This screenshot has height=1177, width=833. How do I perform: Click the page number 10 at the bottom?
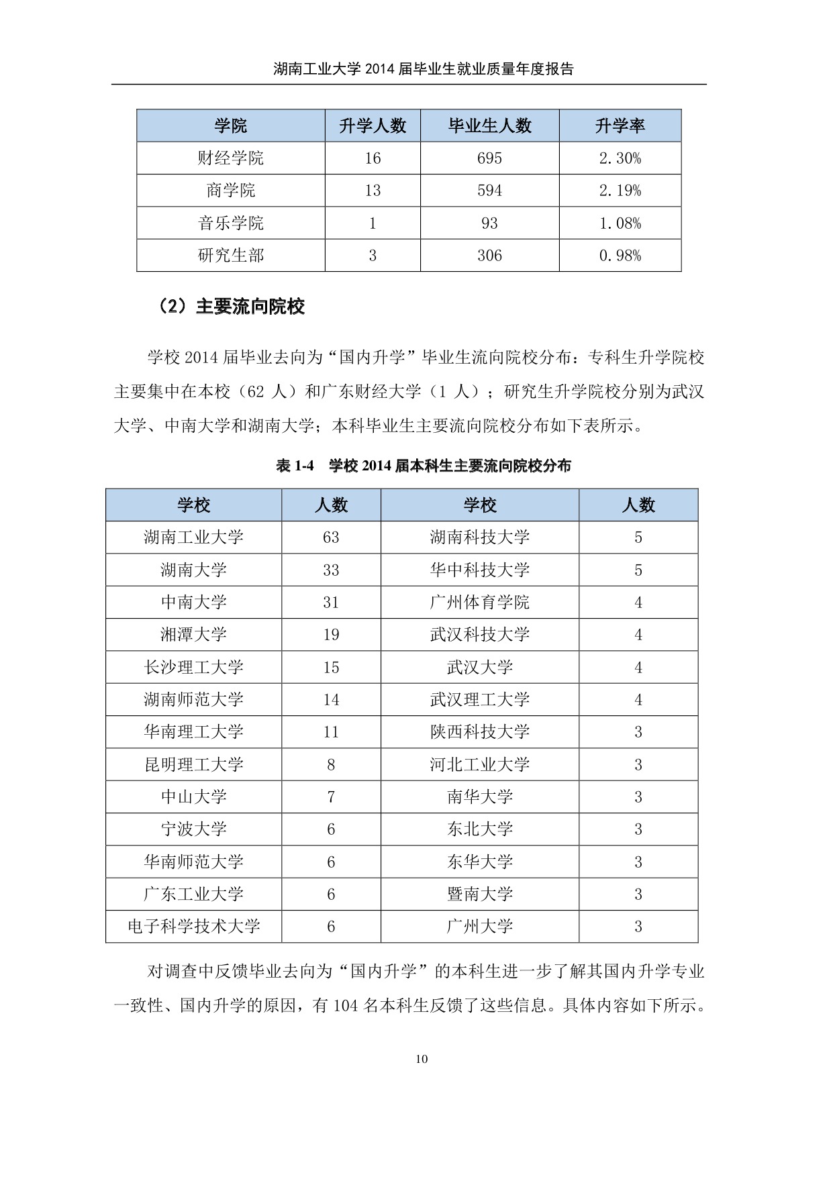422,1060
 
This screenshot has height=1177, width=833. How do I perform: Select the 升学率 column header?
620,125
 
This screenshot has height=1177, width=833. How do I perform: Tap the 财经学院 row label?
231,158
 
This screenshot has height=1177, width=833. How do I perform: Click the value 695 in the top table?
489,158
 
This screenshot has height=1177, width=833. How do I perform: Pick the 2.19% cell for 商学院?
620,191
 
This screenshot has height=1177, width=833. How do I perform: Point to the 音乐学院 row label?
231,223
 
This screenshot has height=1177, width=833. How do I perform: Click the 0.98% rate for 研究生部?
620,256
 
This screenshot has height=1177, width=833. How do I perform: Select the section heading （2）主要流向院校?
232,307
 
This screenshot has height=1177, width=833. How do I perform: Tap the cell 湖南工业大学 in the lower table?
193,538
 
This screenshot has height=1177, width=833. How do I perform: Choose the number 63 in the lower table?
331,538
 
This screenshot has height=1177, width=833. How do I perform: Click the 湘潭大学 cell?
193,635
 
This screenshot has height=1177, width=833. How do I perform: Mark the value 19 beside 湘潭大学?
331,635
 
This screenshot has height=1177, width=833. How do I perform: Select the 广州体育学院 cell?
479,603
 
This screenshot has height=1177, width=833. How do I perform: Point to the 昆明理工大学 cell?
193,764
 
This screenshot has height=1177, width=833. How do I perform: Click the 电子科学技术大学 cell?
193,927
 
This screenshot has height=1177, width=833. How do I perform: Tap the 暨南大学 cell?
479,894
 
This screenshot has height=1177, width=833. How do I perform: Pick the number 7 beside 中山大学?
331,797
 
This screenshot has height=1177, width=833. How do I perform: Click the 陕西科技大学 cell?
479,732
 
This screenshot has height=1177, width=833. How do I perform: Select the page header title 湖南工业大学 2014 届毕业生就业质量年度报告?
423,68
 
